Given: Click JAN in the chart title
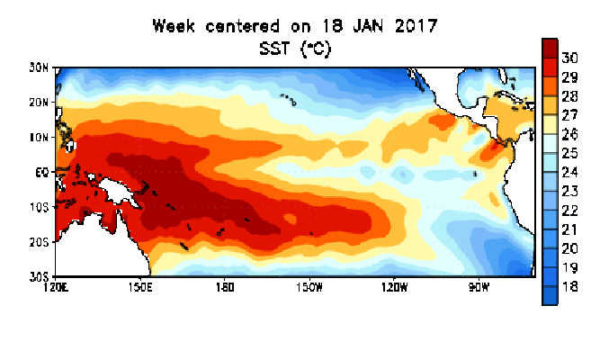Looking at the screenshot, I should tap(372, 26).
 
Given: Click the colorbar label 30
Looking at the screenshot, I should tap(569, 58).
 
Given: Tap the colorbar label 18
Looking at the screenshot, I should tap(569, 286).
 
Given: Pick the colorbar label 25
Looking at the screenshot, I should tap(569, 153).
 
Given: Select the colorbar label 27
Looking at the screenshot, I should tap(569, 115).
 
